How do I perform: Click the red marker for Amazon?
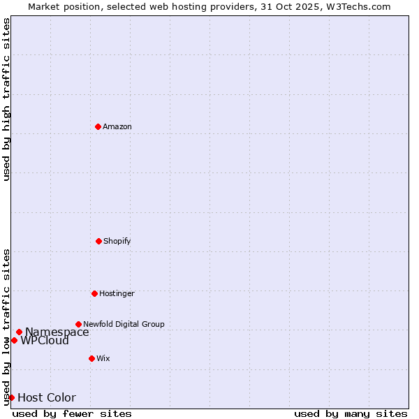tap(98, 126)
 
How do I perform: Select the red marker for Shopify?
tap(98, 241)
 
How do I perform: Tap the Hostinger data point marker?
tap(94, 293)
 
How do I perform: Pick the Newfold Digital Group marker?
tap(78, 324)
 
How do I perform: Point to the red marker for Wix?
tap(91, 358)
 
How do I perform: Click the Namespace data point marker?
tap(19, 332)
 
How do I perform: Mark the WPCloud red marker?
tap(14, 340)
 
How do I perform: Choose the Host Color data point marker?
tap(11, 397)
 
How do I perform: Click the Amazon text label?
tap(117, 126)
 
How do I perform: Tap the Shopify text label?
tap(117, 241)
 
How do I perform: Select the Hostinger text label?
tap(117, 293)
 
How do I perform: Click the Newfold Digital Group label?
tap(124, 324)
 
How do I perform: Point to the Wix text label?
tap(103, 358)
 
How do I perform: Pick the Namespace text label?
tap(57, 332)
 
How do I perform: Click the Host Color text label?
tap(47, 398)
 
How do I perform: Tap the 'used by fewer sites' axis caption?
tap(72, 413)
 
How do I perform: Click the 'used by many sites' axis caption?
tap(351, 413)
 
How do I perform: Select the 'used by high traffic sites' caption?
tap(6, 99)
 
